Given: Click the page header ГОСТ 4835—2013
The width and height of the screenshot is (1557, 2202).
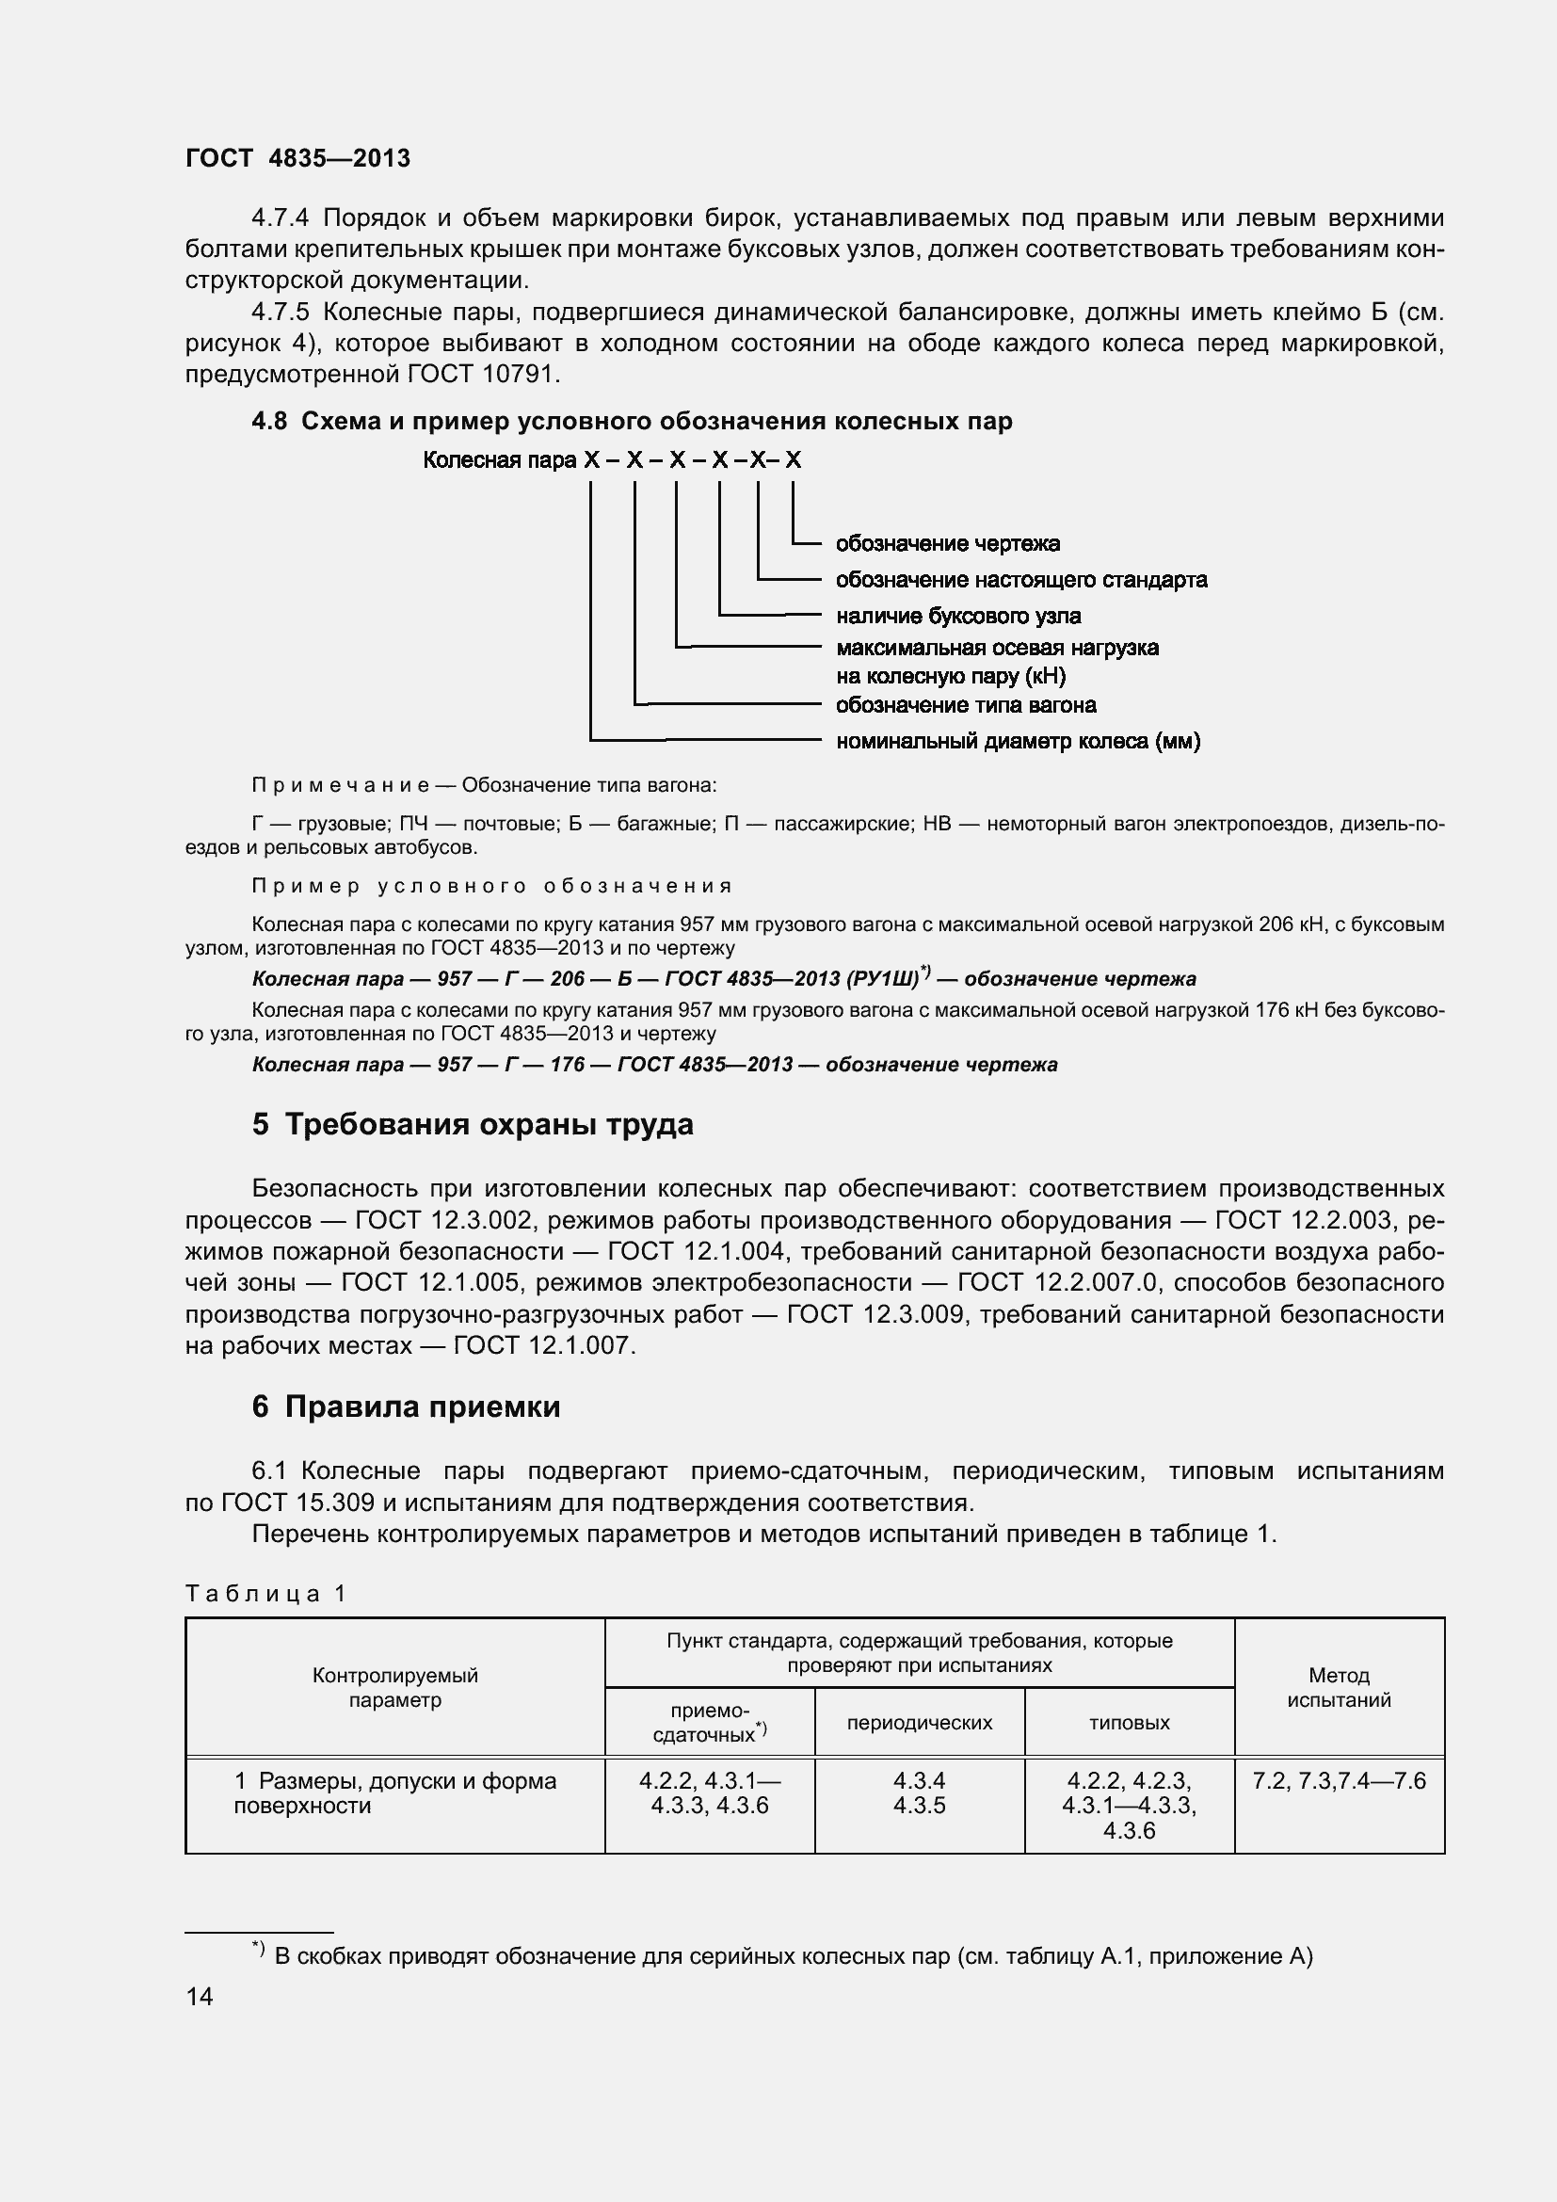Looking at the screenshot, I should [x=297, y=158].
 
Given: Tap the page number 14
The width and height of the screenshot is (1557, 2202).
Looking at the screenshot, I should [x=200, y=1997].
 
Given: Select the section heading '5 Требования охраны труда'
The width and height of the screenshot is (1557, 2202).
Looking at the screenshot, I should [x=473, y=1124].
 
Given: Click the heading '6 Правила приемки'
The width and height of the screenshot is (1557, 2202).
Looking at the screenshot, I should [x=406, y=1406].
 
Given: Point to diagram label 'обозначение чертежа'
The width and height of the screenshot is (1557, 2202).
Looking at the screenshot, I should [x=947, y=544].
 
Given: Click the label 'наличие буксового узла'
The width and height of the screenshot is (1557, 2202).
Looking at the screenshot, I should [x=957, y=616].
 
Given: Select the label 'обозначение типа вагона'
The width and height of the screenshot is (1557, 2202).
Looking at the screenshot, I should [x=966, y=705].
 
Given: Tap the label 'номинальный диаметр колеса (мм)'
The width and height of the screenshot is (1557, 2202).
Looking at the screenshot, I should [x=1018, y=741].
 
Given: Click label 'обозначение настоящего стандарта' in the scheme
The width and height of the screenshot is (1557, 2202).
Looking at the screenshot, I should [x=1021, y=580].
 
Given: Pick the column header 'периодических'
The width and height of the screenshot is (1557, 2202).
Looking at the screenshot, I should [x=919, y=1723].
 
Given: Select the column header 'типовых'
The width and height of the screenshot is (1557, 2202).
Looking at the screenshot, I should [x=1129, y=1723].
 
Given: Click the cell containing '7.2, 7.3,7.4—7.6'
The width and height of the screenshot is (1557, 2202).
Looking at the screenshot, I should [x=1339, y=1781].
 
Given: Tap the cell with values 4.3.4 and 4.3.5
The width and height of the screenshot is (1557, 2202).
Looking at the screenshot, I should [x=919, y=1793].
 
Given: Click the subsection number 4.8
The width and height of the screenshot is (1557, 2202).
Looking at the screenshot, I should [x=268, y=422].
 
